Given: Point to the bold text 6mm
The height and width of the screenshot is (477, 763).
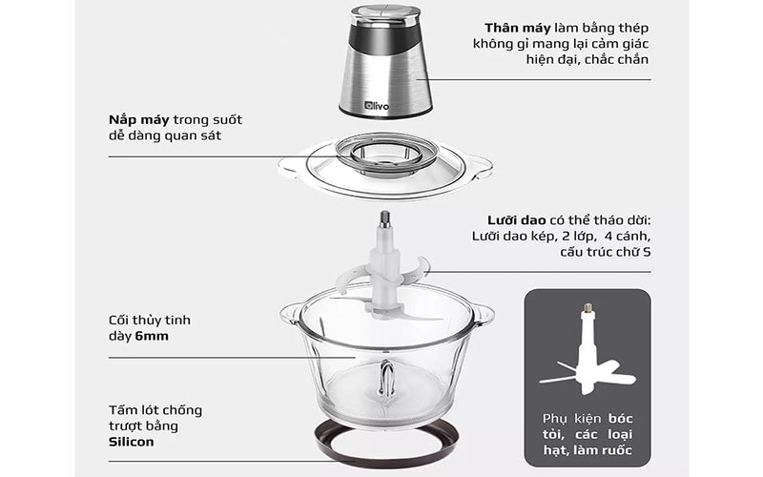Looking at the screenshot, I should coord(163,335).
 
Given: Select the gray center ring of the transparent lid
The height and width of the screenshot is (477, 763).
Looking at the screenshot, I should coord(385,154).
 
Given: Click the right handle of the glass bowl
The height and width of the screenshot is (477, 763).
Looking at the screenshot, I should coord(483,312).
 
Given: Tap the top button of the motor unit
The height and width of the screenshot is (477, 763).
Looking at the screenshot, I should coord(384,13).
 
